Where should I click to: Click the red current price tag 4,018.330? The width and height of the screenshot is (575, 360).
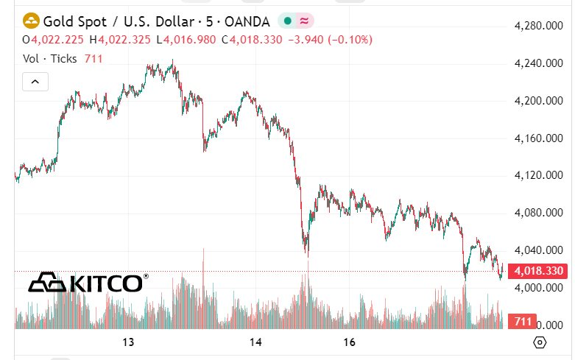[539, 271]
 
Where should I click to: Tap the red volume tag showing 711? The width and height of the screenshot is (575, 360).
[523, 322]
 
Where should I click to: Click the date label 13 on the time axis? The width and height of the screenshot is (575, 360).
[128, 342]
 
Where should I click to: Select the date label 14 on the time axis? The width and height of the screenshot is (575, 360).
[256, 342]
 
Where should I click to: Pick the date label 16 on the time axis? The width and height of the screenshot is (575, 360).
[350, 342]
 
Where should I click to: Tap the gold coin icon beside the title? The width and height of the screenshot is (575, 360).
[32, 20]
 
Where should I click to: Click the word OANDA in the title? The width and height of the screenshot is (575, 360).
[250, 20]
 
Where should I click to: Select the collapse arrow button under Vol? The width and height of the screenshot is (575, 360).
[35, 82]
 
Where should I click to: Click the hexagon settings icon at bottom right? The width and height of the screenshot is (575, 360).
[540, 342]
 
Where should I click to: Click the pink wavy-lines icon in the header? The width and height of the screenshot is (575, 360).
[304, 20]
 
